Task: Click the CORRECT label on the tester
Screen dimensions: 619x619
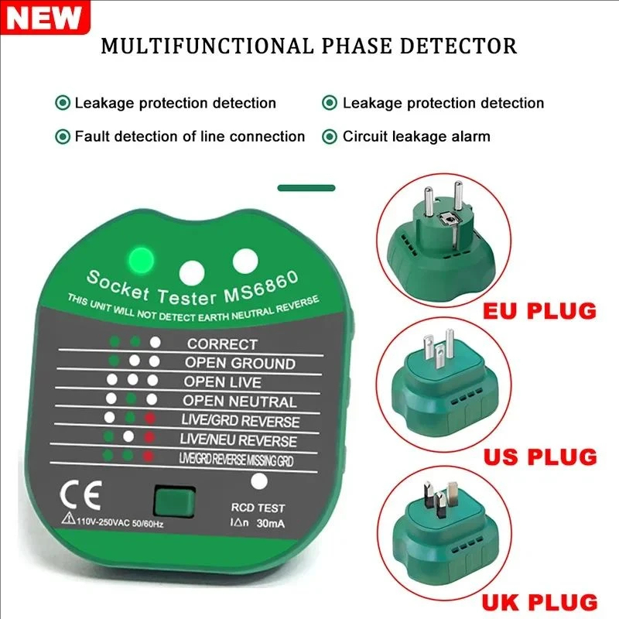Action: click(221, 344)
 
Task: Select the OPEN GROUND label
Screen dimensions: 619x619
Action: click(240, 363)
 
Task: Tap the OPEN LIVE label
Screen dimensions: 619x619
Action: click(222, 382)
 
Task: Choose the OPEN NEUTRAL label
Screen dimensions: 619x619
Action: click(240, 402)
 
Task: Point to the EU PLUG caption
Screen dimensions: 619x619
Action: click(539, 311)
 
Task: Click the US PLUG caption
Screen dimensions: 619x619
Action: click(540, 456)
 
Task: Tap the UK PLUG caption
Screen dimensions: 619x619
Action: click(540, 601)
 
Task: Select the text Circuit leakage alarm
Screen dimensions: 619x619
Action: click(416, 137)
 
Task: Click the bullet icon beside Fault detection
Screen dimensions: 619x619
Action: click(62, 137)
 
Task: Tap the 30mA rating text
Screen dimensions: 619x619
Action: click(269, 523)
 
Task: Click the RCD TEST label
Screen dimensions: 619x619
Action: click(258, 508)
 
